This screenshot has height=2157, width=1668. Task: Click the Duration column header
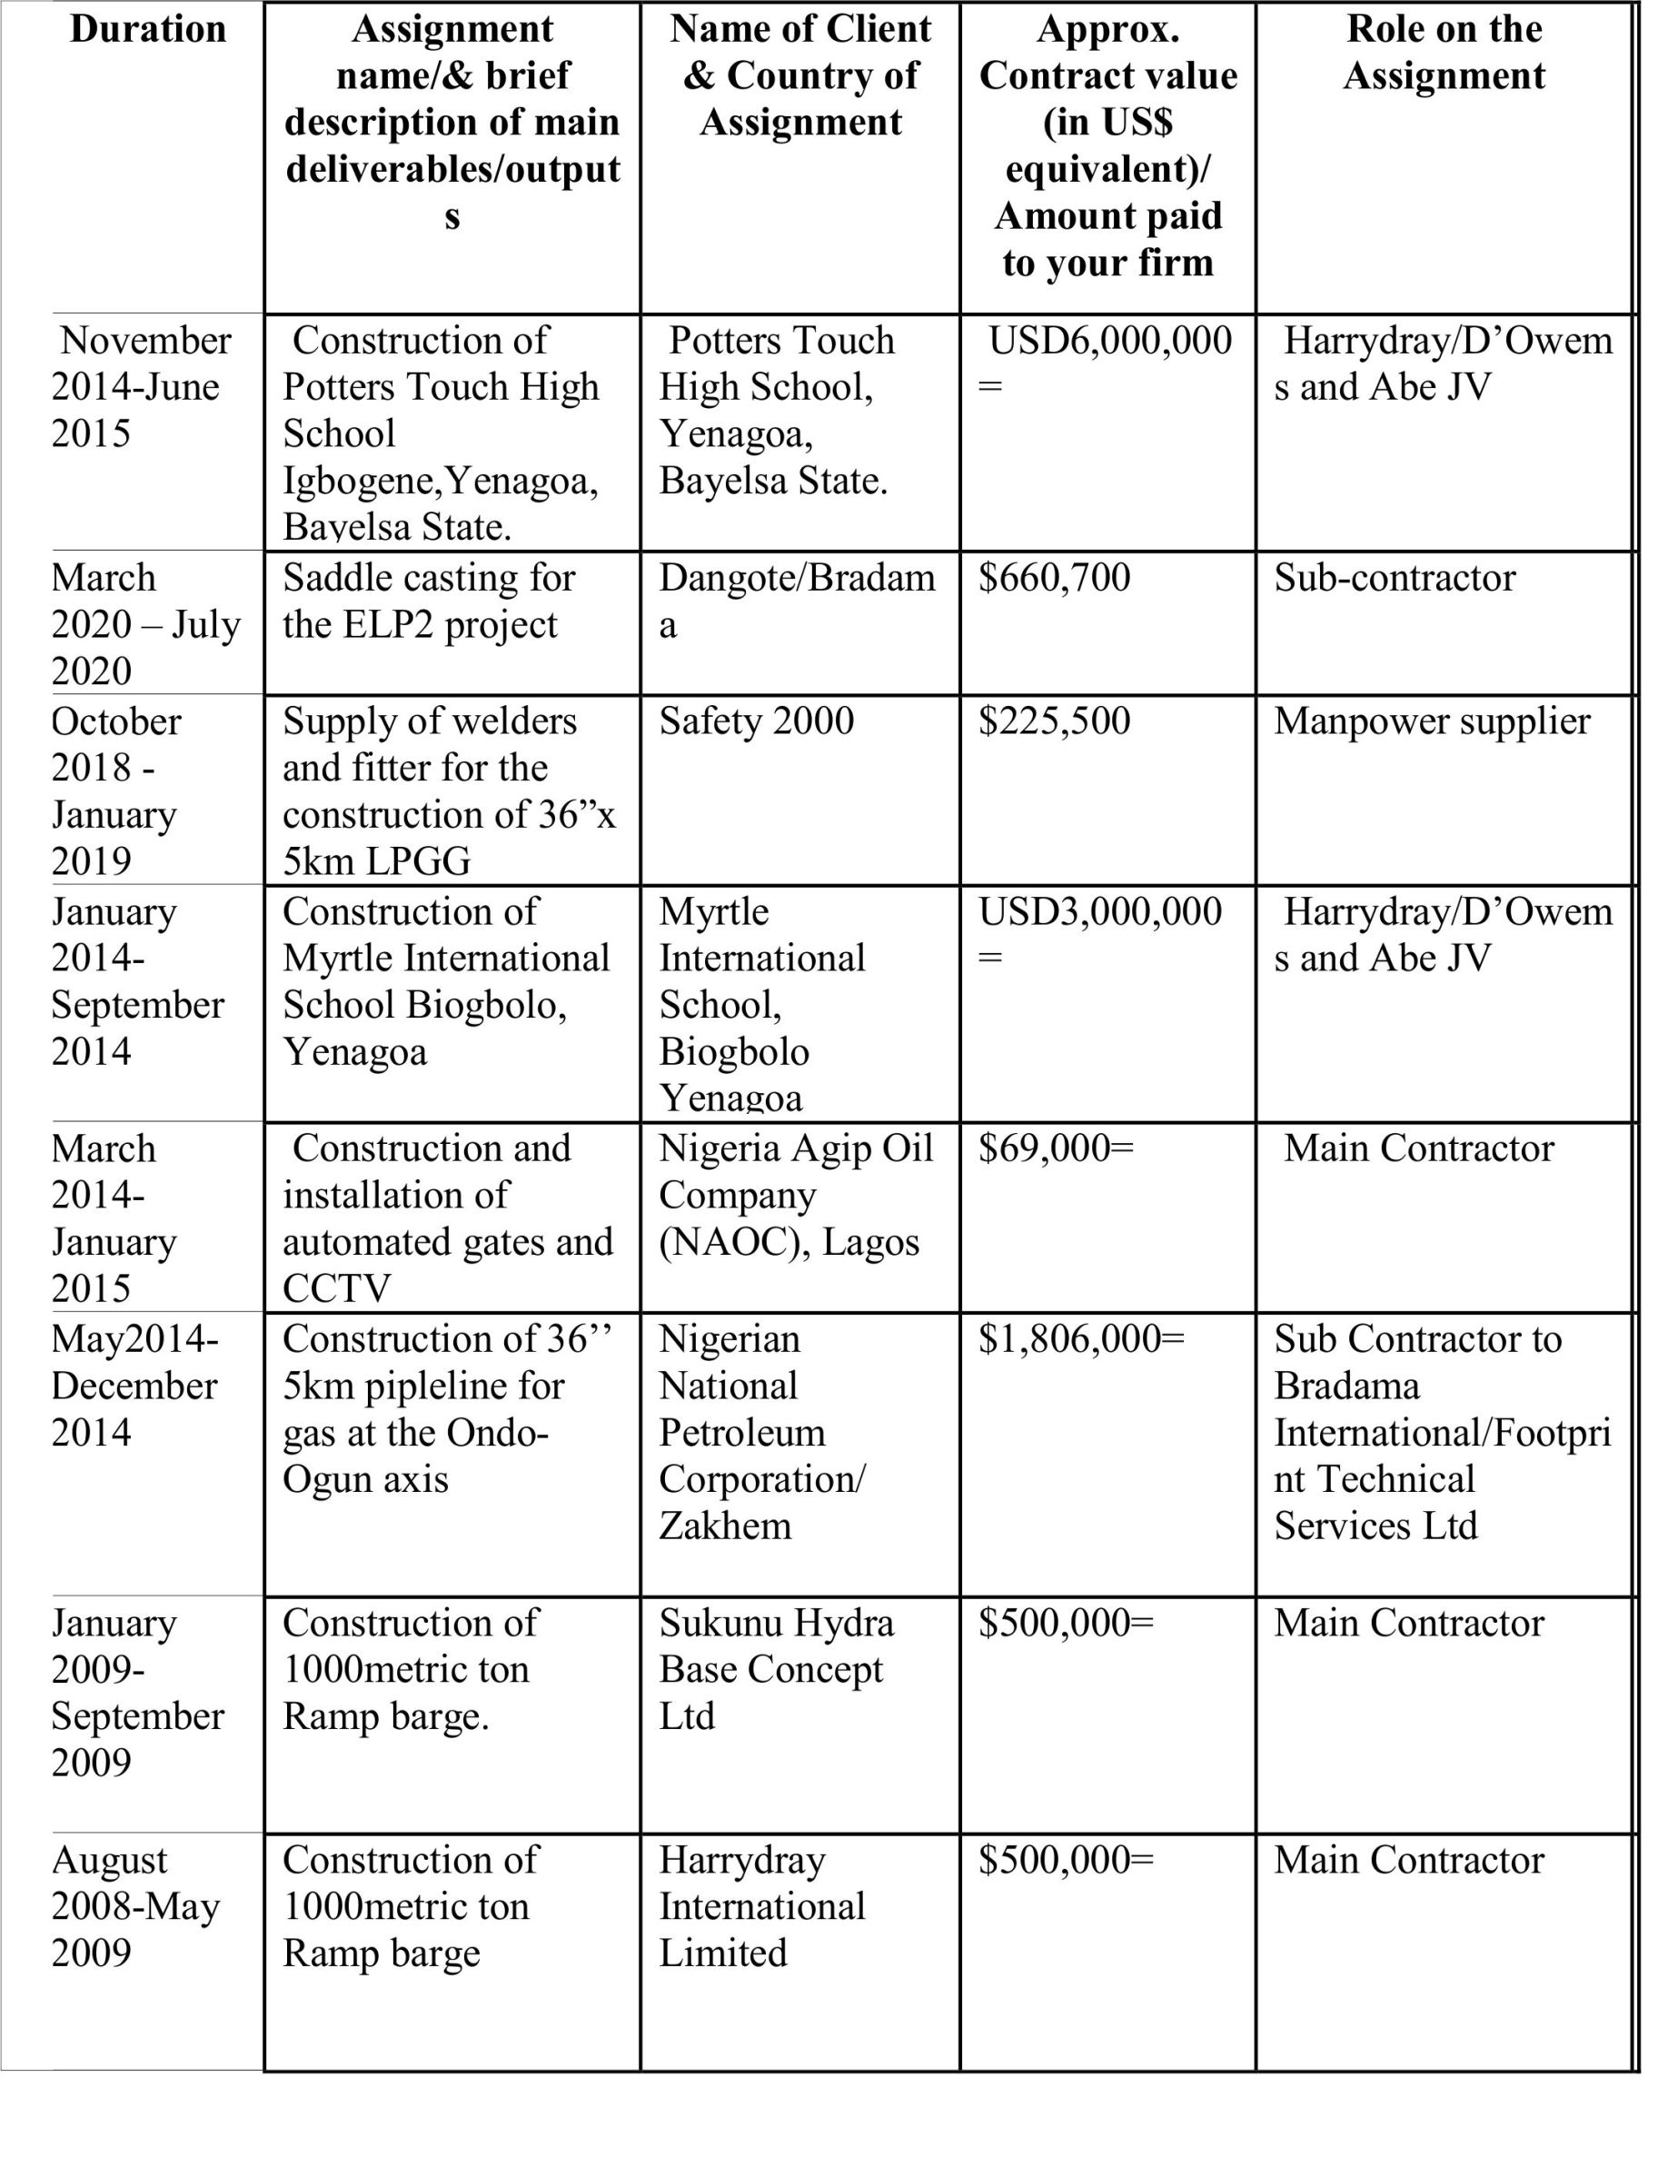[148, 30]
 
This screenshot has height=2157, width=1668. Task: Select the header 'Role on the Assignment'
[1444, 53]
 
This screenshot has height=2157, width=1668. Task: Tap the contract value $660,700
[1054, 578]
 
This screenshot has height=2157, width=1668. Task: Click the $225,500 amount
[1054, 721]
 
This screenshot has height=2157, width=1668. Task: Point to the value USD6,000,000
[1109, 342]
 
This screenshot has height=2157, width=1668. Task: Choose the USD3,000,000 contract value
[1099, 911]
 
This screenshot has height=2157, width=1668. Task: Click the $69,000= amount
[1056, 1148]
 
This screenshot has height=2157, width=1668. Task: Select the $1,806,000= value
[1080, 1339]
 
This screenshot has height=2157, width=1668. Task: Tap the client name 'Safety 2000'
[756, 721]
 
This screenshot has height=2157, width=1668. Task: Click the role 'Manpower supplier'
[1432, 722]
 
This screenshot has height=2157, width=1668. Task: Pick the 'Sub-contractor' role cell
[1395, 579]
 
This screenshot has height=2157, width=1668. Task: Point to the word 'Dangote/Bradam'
[796, 579]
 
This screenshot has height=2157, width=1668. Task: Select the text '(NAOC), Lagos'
[788, 1242]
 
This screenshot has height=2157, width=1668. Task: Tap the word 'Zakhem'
[725, 1526]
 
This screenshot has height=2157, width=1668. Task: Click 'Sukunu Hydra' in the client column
[776, 1623]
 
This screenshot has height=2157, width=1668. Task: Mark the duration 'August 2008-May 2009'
[135, 1906]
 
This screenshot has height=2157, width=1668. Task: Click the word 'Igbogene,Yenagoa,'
[441, 482]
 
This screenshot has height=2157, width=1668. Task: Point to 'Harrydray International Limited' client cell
[761, 1906]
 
